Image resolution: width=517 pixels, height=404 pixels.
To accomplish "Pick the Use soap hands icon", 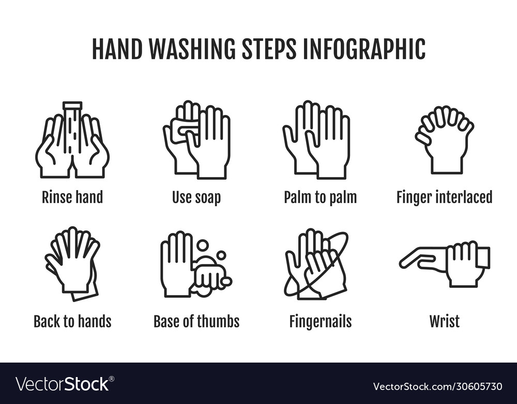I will [x=196, y=140].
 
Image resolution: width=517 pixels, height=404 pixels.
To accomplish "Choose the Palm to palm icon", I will [x=316, y=140].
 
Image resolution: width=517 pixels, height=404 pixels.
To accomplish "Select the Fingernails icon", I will [x=316, y=264].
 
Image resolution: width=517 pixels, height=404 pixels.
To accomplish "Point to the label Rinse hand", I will [x=72, y=197].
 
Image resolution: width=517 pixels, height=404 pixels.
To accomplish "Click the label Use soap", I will [x=196, y=197].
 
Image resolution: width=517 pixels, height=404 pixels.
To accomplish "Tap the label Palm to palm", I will [x=320, y=197].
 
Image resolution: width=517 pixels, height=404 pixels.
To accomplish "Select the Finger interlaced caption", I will [x=444, y=197].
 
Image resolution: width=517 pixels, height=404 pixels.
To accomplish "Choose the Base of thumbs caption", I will [x=196, y=322].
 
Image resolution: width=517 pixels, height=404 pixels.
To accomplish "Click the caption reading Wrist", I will [x=444, y=322].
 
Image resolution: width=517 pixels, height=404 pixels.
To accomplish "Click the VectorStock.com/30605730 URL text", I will [x=437, y=386].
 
